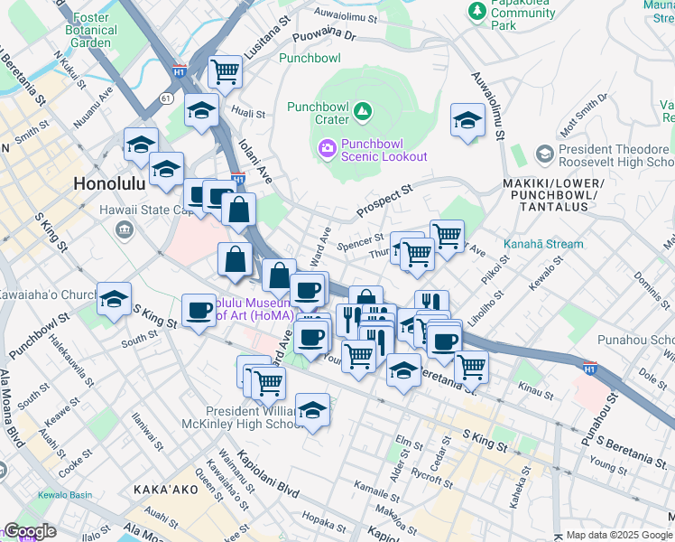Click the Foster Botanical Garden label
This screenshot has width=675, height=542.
[x=92, y=30]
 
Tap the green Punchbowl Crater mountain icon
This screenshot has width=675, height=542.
[x=363, y=111]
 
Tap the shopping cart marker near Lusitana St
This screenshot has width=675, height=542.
[x=225, y=70]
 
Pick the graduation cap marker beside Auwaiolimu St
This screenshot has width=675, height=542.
[x=467, y=121]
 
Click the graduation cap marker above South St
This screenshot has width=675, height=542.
[x=115, y=299]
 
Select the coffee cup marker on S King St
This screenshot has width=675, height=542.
[x=199, y=311]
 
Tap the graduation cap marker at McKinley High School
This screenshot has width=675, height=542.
[x=312, y=409]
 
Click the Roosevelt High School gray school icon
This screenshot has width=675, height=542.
[x=544, y=154]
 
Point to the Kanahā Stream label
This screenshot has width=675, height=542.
[x=545, y=244]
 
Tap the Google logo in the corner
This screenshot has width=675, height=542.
[x=30, y=531]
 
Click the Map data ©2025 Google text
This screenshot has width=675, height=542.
[x=618, y=535]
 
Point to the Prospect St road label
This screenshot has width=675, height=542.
[x=383, y=200]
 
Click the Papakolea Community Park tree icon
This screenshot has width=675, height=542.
[x=476, y=10]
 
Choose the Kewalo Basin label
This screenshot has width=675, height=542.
[x=64, y=495]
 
